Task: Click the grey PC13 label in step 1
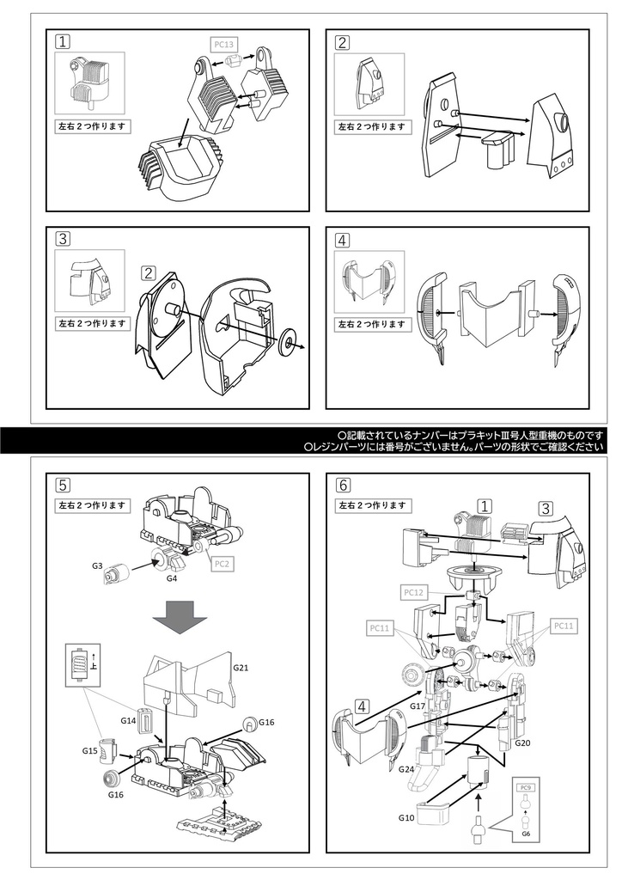223,42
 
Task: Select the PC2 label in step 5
222,564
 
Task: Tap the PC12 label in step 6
413,593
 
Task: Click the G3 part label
97,566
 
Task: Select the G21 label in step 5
241,667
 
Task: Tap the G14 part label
129,719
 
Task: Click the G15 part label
90,750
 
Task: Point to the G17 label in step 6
418,706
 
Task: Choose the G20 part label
523,742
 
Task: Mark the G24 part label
407,769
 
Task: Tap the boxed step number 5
62,485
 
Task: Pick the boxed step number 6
344,485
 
